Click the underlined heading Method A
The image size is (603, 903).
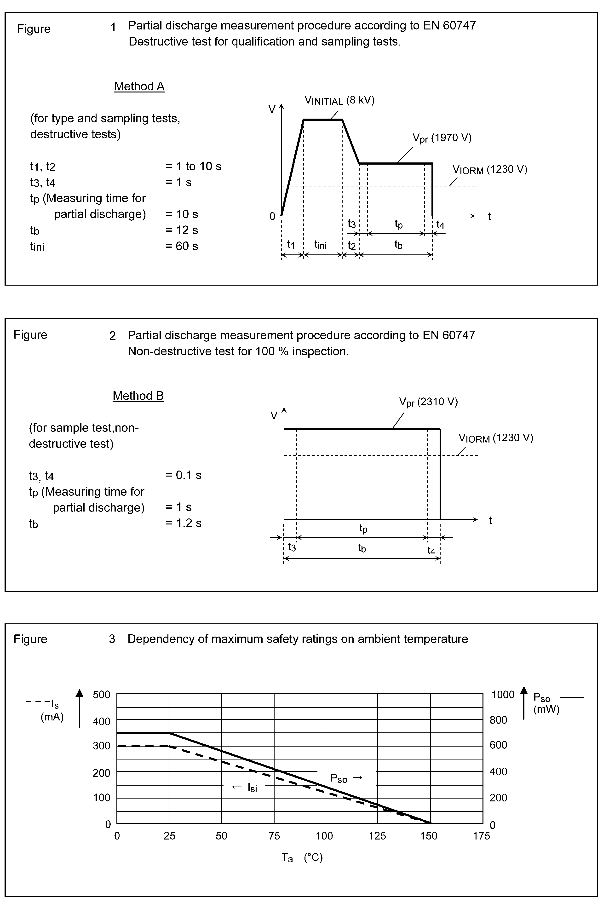tap(139, 86)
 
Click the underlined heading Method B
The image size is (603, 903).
tap(138, 396)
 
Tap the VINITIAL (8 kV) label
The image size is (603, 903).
tap(339, 100)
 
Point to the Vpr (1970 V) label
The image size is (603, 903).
tap(442, 138)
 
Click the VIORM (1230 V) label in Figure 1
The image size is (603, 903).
tap(489, 170)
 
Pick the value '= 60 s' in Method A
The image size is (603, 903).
tap(182, 246)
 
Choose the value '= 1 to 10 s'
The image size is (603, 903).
tap(193, 166)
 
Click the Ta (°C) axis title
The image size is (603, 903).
tap(302, 858)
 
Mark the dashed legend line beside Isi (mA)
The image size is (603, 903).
tap(37, 702)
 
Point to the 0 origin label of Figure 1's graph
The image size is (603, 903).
tap(272, 217)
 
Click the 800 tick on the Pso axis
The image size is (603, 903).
tap(498, 720)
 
